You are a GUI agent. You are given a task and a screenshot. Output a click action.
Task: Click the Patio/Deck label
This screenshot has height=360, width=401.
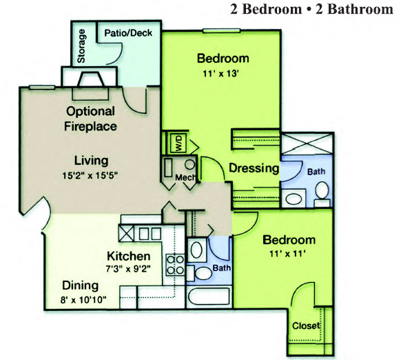pyautogui.click(x=132, y=32)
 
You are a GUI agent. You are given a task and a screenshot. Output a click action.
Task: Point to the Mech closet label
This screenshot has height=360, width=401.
pyautogui.click(x=185, y=178)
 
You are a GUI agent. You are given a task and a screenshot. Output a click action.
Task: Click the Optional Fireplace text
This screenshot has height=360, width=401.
pyautogui.click(x=90, y=119)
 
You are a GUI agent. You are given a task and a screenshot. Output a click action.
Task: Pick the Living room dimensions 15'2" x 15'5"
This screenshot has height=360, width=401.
pyautogui.click(x=92, y=175)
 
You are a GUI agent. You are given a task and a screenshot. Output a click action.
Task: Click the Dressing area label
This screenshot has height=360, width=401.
pyautogui.click(x=253, y=168)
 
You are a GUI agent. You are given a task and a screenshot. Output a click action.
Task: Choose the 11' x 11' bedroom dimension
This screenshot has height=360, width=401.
pyautogui.click(x=289, y=254)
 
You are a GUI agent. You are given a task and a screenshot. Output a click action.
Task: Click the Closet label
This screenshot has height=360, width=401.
pyautogui.click(x=305, y=326)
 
